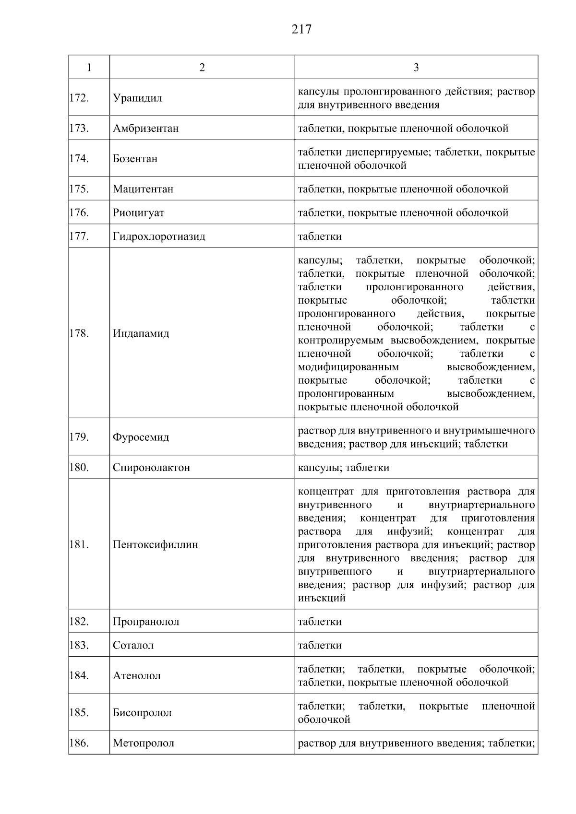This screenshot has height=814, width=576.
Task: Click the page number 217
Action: click(301, 30)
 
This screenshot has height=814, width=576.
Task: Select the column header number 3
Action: click(416, 68)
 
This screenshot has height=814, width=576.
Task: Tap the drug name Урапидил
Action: click(137, 98)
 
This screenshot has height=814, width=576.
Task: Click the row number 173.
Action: click(79, 128)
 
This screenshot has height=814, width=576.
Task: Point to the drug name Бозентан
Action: click(135, 159)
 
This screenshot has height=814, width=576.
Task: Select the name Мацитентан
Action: click(143, 189)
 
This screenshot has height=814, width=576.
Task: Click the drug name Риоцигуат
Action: click(138, 213)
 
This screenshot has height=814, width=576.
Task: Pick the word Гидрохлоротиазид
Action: click(159, 236)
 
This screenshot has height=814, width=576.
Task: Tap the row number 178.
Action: click(79, 333)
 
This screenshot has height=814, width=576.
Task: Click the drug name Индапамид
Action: click(141, 333)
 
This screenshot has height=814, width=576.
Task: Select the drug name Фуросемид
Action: click(141, 437)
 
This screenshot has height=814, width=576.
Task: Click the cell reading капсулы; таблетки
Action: click(343, 468)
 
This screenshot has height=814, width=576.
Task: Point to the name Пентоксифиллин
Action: click(155, 545)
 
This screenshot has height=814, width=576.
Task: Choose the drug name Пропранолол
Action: click(146, 622)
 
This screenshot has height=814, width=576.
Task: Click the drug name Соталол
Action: click(133, 646)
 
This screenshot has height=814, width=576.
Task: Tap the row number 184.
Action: click(79, 675)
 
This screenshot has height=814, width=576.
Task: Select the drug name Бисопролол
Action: click(142, 713)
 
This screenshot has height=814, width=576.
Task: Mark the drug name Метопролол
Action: click(143, 743)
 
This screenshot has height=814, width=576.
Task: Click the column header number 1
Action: click(89, 68)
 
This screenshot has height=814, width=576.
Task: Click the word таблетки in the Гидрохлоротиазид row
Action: click(320, 236)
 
